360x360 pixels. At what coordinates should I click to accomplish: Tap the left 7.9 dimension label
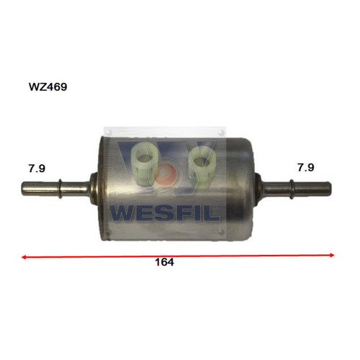click(37, 168)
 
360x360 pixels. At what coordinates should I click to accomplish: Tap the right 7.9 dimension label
click(305, 167)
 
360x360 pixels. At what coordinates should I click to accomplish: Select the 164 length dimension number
click(164, 263)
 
